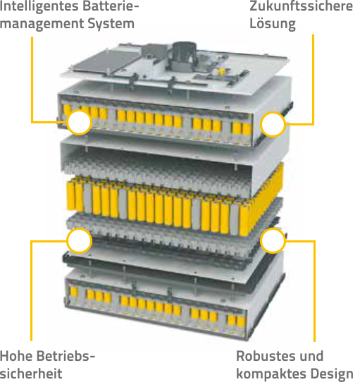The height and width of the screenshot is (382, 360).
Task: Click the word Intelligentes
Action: (39, 6)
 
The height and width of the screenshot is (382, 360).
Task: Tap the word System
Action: (111, 25)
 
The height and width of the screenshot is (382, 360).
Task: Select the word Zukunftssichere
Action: (302, 6)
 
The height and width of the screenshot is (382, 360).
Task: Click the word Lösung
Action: (273, 25)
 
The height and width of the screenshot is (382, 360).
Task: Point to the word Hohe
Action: (17, 356)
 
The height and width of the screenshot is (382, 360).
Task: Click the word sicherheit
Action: (31, 374)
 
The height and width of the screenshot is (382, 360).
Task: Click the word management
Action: (42, 25)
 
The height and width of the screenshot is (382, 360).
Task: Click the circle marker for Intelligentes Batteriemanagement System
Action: (79, 123)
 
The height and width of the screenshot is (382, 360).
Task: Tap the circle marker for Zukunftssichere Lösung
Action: (273, 125)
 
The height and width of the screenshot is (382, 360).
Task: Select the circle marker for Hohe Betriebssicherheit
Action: (79, 241)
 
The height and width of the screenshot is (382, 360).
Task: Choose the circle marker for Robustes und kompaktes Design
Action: (273, 241)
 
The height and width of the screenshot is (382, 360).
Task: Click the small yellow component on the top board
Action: (221, 72)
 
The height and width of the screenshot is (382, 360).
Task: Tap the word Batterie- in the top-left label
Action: (111, 6)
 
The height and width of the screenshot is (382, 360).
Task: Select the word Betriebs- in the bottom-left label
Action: (66, 356)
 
